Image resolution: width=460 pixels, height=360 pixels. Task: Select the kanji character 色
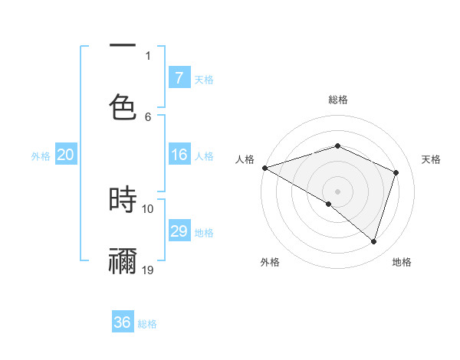coord(123,106)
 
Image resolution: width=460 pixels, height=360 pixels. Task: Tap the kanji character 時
coord(123,199)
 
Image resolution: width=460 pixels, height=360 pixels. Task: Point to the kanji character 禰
coord(123,260)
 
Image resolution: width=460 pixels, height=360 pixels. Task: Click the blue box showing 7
coord(179,78)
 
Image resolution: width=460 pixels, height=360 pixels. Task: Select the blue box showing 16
coord(179,155)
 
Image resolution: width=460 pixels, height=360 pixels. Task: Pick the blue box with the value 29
coord(179,231)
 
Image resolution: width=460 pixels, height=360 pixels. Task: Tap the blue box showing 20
coord(65,155)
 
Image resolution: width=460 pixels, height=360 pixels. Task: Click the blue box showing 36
coord(123,322)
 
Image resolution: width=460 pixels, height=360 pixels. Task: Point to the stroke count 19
coord(148,270)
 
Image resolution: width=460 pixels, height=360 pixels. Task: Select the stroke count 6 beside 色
coord(148,116)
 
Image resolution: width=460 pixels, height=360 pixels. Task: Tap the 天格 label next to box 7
coord(204,79)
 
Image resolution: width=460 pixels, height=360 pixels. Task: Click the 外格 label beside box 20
coord(41,155)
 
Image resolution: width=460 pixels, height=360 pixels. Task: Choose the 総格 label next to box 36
coord(147,323)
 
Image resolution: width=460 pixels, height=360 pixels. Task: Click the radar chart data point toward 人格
coord(264,168)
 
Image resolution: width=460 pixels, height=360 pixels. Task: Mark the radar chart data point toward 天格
coord(396,172)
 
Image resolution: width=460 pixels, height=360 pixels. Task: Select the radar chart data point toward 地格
coord(373,242)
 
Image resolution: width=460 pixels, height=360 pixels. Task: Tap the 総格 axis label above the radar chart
coord(338,100)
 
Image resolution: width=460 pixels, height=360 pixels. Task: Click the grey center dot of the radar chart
coord(337,191)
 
